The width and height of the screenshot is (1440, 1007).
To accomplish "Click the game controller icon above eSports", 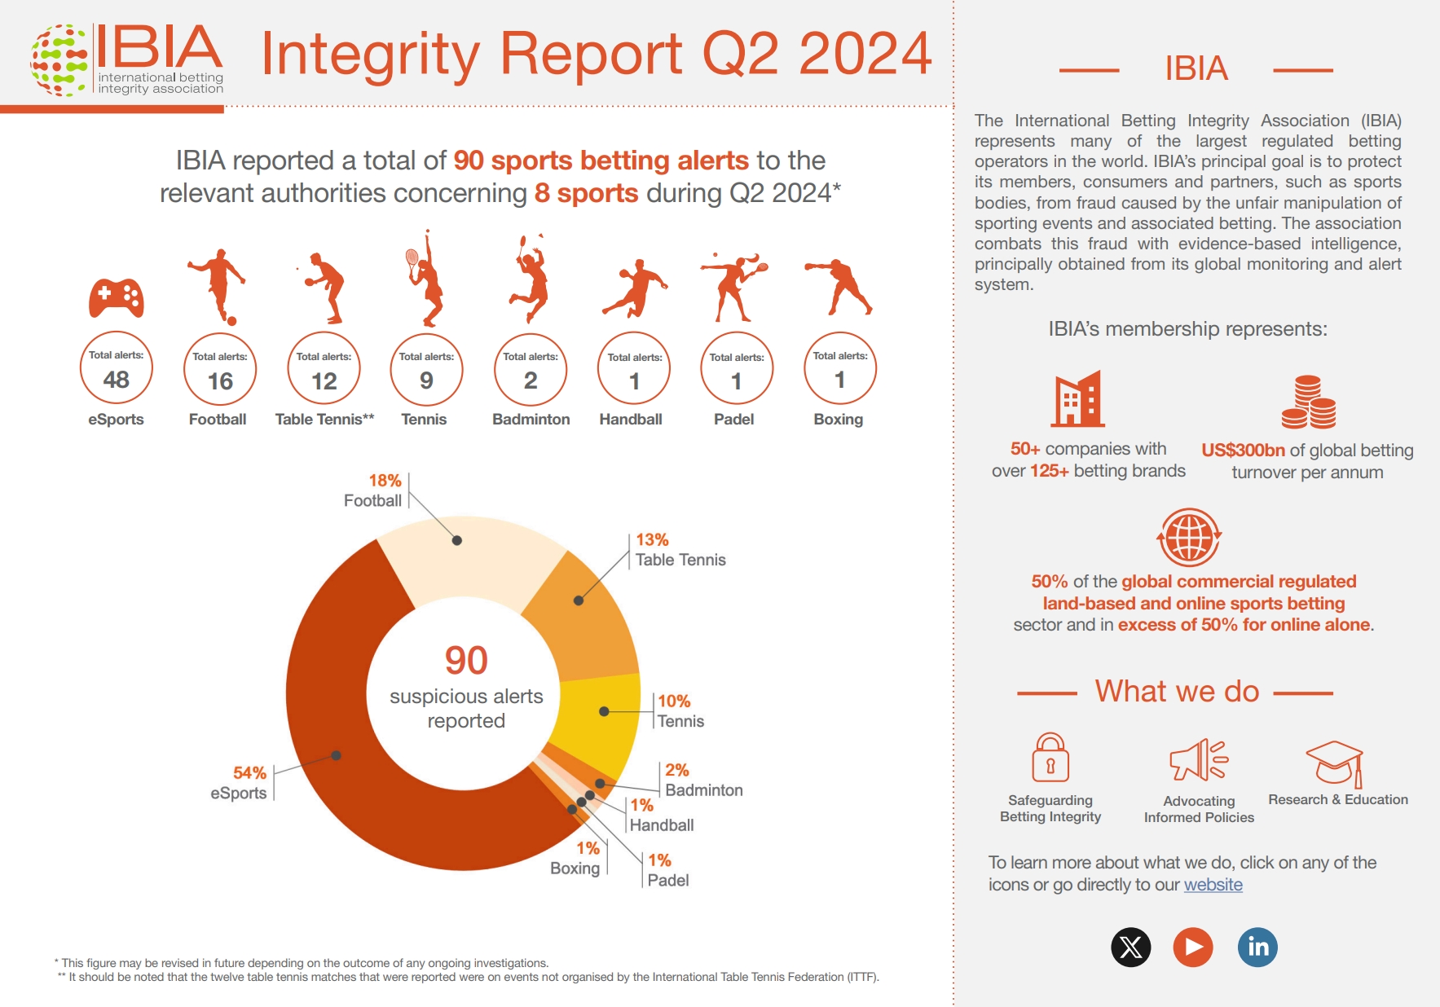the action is coord(117,298).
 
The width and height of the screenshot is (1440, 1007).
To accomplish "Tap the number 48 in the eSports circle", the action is coord(117,380).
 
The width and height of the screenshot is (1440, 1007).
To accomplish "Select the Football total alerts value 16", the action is coord(220,381).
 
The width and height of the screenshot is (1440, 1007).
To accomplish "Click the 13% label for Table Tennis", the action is coord(652,539).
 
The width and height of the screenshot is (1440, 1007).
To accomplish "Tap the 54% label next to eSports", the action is coord(249,772).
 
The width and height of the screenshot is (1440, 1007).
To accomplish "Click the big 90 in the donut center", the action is coord(466,660).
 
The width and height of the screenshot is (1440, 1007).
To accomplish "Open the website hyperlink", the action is coord(1213,885).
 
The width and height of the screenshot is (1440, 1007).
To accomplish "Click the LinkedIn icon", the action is coord(1257,947).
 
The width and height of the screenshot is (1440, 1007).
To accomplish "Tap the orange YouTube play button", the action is coord(1193,947).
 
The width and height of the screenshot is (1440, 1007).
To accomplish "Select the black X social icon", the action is coord(1131,947).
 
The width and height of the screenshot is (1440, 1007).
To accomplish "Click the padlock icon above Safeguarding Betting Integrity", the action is coord(1050,757).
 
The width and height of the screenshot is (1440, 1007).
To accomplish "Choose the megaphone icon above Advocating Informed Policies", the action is coord(1199,760).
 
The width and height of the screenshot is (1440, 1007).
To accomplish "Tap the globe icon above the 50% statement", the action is coord(1190,538).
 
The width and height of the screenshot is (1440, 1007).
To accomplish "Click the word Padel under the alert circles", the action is coord(734,420).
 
